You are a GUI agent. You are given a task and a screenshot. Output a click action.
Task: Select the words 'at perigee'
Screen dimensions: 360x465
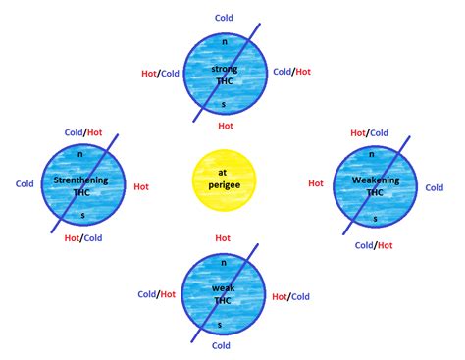(x=223, y=180)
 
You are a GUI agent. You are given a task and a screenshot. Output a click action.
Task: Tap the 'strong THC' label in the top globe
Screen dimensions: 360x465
(x=225, y=76)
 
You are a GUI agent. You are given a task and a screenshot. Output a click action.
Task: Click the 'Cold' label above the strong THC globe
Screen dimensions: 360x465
(x=225, y=18)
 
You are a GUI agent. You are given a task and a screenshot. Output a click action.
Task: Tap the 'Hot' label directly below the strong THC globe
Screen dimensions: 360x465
(x=225, y=126)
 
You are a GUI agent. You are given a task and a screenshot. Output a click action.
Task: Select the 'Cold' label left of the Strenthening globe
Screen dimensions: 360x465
(x=26, y=183)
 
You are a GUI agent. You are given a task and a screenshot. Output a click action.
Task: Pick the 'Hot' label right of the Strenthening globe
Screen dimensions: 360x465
(x=141, y=185)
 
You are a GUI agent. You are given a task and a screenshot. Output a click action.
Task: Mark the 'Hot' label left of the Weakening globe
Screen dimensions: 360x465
(x=316, y=183)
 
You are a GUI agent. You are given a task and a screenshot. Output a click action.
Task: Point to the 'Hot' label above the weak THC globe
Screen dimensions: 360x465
(x=223, y=237)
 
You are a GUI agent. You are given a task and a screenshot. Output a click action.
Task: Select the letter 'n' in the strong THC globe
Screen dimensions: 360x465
(x=225, y=41)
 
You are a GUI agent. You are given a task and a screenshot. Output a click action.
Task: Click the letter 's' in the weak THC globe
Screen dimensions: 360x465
(x=221, y=324)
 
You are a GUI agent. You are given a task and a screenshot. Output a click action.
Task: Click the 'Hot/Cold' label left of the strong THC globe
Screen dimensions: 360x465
(x=160, y=72)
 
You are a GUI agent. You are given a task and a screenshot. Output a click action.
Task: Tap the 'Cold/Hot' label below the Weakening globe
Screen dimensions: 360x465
(x=373, y=245)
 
